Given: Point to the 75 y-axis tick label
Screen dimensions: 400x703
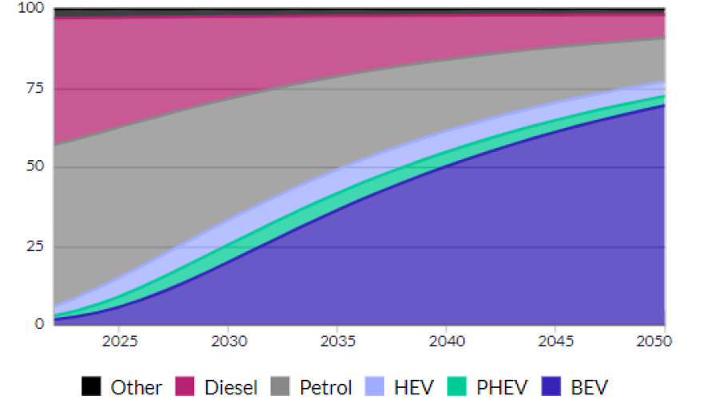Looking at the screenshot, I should [35, 89].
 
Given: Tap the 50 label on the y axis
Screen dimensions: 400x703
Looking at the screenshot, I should [35, 167].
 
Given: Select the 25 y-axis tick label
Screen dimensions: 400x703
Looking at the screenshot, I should [35, 246].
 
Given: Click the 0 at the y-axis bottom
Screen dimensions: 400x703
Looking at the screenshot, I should [39, 324].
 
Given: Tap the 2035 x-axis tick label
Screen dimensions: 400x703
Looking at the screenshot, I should [337, 342].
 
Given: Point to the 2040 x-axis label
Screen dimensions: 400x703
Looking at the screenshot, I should [447, 342].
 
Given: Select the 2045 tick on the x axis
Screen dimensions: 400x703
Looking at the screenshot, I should [556, 342].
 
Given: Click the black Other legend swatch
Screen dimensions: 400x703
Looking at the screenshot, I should [92, 387].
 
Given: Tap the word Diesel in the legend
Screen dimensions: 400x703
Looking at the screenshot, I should [231, 388].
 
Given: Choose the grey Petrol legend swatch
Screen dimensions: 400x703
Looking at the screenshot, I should [281, 387].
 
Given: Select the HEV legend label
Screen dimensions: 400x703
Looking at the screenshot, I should [414, 388].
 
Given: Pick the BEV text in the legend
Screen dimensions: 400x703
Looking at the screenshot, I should [590, 388].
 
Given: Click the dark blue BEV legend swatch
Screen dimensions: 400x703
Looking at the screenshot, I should [552, 387].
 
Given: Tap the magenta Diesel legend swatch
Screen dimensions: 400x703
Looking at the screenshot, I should [186, 387].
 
